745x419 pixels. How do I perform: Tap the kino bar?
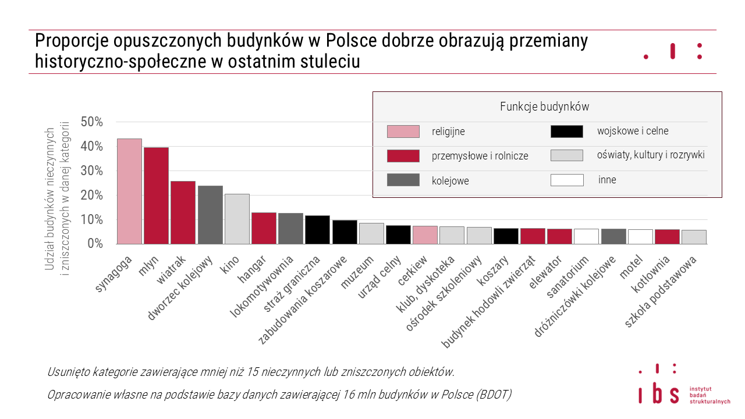point(237,219)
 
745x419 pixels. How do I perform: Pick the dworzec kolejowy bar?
point(210,215)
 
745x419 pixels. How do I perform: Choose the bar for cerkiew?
point(425,235)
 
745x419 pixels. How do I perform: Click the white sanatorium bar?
point(586,236)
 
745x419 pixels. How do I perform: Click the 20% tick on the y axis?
point(92,195)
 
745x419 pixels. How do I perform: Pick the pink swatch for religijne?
point(403,132)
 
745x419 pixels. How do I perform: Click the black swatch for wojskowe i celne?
point(566,132)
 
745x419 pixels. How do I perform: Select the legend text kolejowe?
point(450,181)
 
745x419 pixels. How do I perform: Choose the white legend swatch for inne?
point(566,180)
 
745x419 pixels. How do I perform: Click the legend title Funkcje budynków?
point(544,106)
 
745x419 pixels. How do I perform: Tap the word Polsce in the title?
point(351,41)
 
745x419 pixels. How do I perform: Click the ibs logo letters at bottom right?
point(659,394)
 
